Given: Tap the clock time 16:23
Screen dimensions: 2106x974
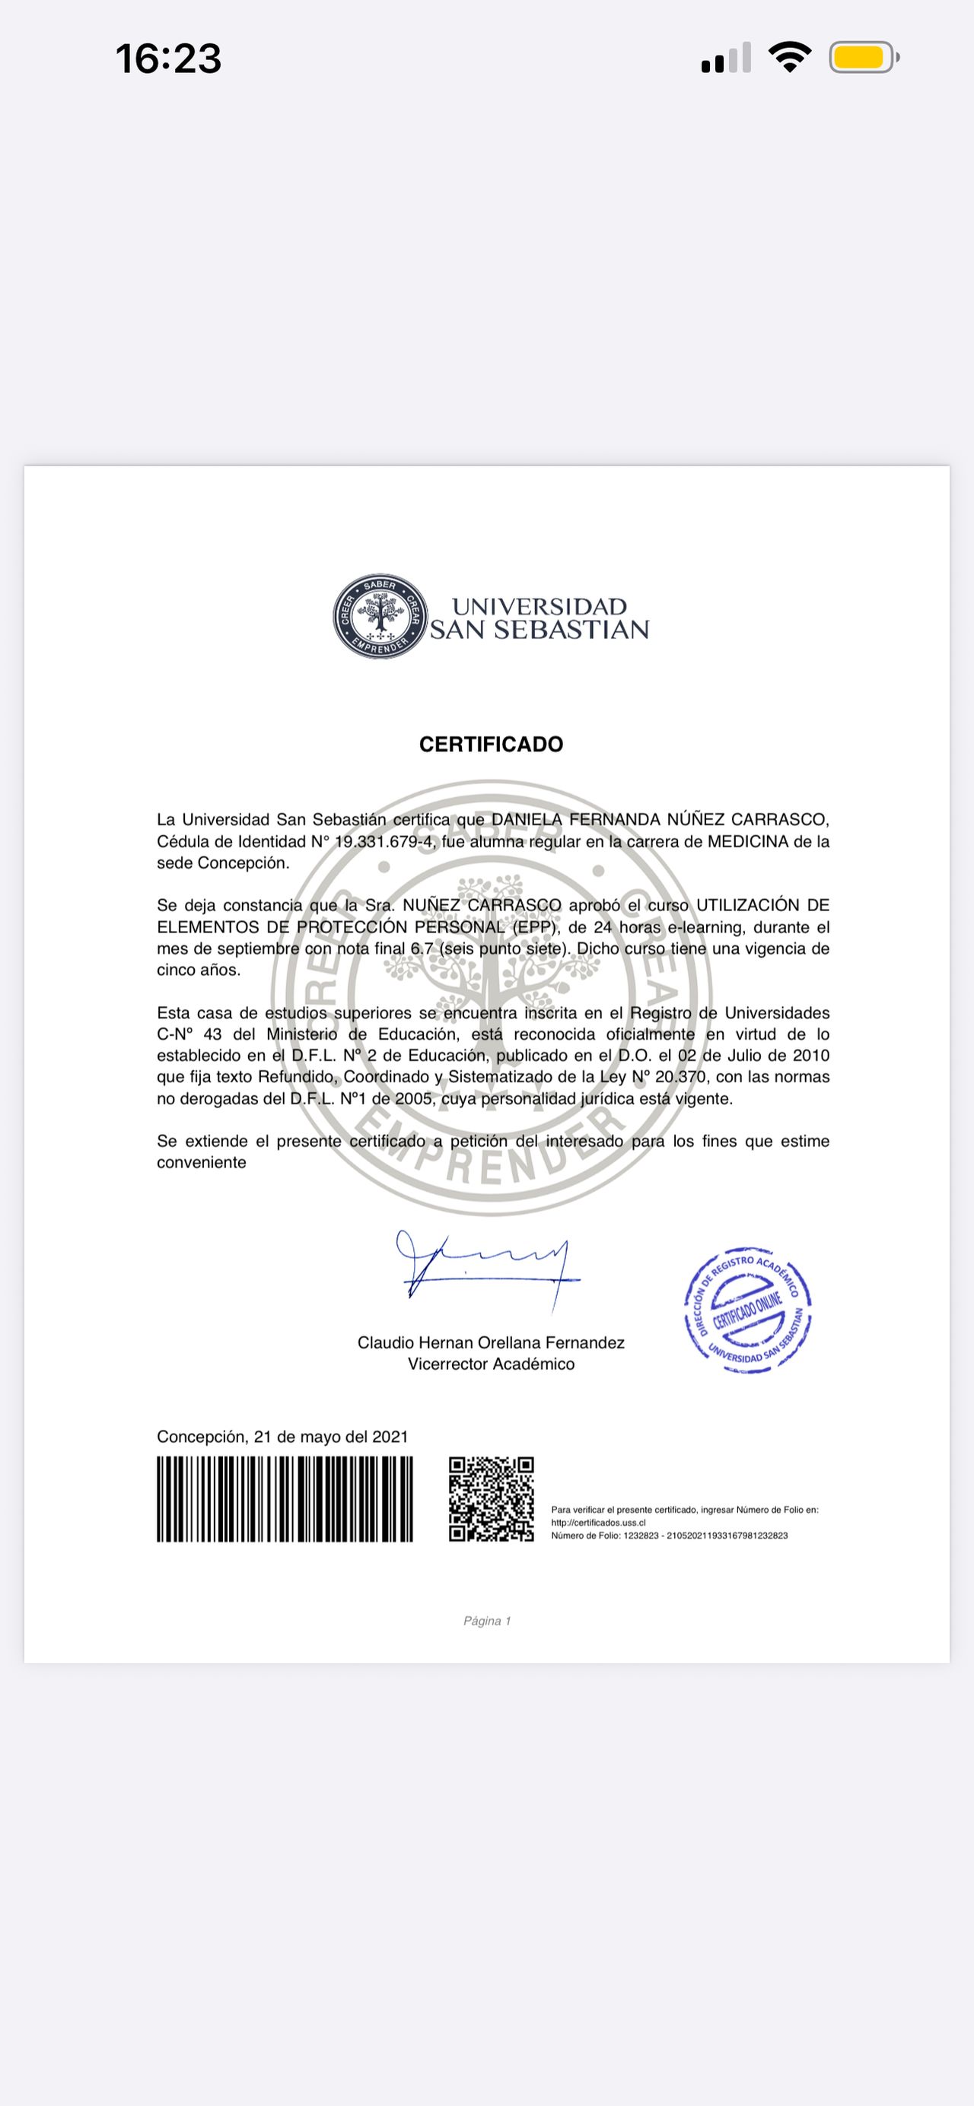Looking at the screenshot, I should tap(168, 59).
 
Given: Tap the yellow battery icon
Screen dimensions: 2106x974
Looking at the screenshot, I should tap(863, 58).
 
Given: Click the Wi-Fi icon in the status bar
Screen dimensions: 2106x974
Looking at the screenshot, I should tap(789, 57).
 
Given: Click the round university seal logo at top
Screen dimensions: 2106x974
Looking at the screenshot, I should tap(380, 616).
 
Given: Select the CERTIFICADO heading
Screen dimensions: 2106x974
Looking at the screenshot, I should tap(491, 744).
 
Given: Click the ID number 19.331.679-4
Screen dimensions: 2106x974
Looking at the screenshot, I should tap(384, 841).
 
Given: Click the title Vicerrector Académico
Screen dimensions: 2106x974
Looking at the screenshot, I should tap(491, 1364).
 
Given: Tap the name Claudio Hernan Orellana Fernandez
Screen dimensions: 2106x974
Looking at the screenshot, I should tap(491, 1342).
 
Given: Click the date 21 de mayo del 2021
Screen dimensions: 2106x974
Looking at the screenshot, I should tap(330, 1437).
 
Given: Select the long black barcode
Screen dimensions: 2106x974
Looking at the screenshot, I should tap(285, 1498).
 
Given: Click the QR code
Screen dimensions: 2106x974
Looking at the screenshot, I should tap(491, 1498).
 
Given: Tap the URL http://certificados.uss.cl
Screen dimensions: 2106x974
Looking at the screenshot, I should tap(598, 1523).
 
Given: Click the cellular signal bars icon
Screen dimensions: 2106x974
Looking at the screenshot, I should tap(726, 58).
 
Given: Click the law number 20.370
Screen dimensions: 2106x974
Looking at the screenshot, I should tap(680, 1077).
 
